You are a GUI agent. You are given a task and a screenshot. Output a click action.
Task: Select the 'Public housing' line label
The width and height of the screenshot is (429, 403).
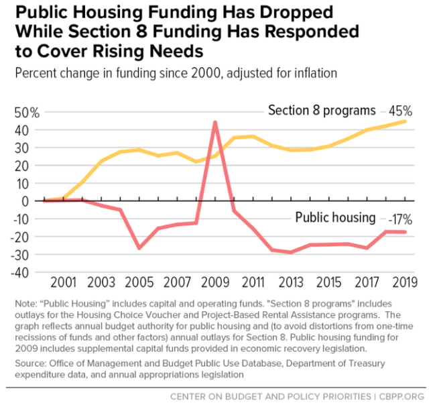pos(335,217)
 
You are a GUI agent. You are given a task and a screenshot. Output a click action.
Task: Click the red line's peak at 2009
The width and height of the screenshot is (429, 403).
pos(214,122)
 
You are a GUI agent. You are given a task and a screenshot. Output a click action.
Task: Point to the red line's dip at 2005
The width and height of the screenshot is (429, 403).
pos(139,248)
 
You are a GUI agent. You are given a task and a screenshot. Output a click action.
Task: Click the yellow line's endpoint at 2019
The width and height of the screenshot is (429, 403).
pos(405,121)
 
